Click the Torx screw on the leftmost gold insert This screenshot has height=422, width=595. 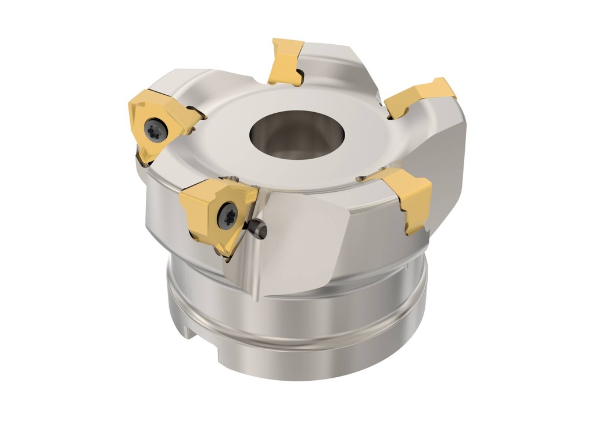click(x=156, y=129)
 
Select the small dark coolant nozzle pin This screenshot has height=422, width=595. click(x=259, y=230)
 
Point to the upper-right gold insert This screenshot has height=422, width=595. click(x=421, y=95)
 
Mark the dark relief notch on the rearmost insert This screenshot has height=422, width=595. click(x=298, y=74)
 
